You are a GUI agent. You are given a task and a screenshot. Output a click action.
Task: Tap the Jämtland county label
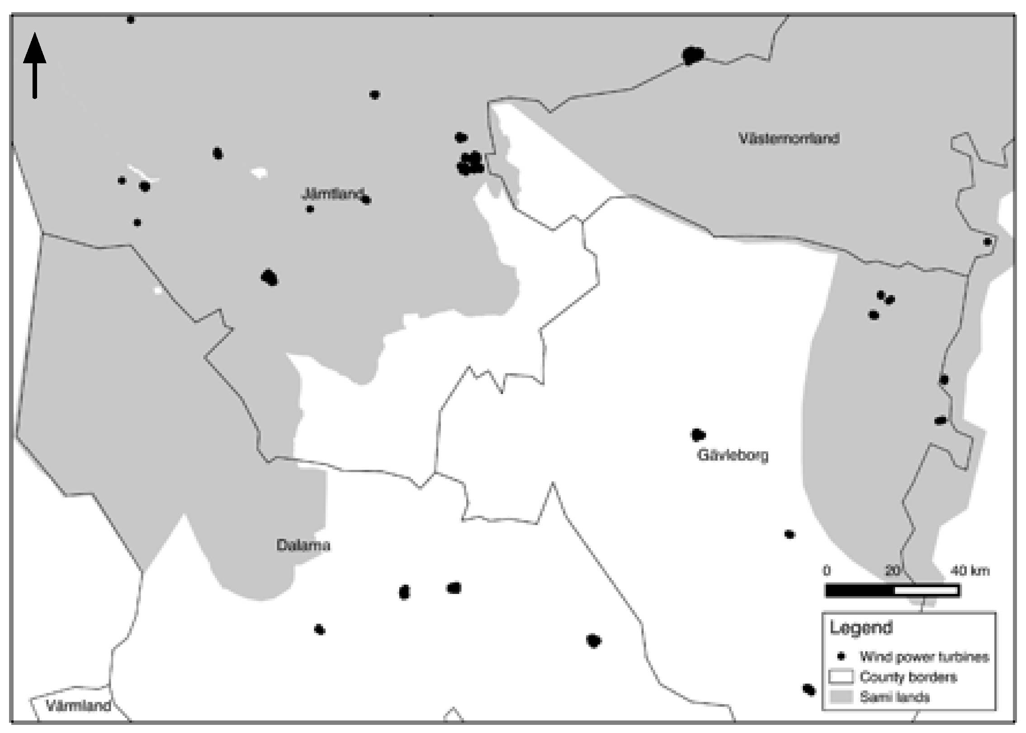coord(332,194)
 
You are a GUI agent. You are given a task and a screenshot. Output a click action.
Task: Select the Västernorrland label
coord(789,138)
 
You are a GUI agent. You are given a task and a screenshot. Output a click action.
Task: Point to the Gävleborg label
coord(733,455)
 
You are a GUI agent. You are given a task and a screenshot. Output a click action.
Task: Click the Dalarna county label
coord(303,545)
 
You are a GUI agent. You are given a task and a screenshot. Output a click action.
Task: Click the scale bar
coord(892,591)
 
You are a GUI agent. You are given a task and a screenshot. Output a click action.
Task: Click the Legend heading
coord(861,628)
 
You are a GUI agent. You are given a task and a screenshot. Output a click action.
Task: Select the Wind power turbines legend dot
coord(841,656)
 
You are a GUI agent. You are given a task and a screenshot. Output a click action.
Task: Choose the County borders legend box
coord(841,677)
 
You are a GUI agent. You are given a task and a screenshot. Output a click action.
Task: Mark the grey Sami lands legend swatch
coord(841,696)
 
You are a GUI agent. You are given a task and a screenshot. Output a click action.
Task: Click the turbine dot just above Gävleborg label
coord(698,435)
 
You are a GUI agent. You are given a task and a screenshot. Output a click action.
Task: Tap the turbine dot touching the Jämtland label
coord(366,200)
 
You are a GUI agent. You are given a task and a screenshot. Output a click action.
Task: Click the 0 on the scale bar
coord(827,571)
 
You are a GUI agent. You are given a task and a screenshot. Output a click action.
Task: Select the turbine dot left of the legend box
coord(809,690)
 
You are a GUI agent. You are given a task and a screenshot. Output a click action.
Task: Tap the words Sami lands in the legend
coord(894,697)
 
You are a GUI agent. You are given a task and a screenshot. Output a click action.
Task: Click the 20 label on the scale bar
coord(892,571)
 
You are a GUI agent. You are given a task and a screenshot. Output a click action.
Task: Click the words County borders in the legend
coord(908,677)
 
